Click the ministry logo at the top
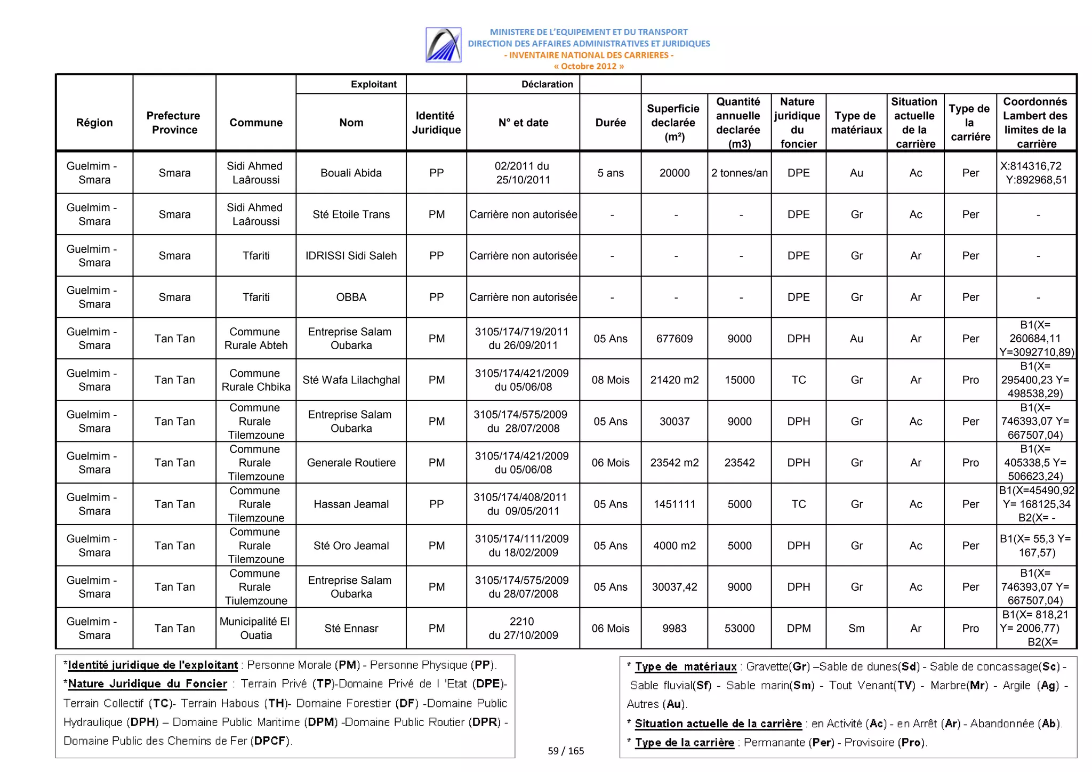tap(443, 45)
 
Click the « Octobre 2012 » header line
tap(588, 67)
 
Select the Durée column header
tap(610, 123)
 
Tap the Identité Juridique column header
tap(436, 123)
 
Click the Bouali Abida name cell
tap(351, 173)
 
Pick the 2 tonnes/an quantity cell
tap(739, 173)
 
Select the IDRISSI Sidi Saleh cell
tap(351, 255)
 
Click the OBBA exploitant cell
tap(351, 297)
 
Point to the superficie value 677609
tap(674, 339)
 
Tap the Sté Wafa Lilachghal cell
tap(351, 380)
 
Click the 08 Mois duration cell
tap(610, 380)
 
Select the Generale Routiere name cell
tap(351, 463)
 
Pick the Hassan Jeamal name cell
tap(351, 504)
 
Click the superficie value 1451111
tap(674, 504)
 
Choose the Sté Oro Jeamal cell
tap(351, 545)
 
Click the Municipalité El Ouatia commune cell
tap(255, 628)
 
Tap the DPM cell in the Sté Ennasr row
tap(798, 628)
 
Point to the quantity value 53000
tap(739, 628)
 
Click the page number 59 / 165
tap(566, 751)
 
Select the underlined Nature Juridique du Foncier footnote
tap(148, 684)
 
